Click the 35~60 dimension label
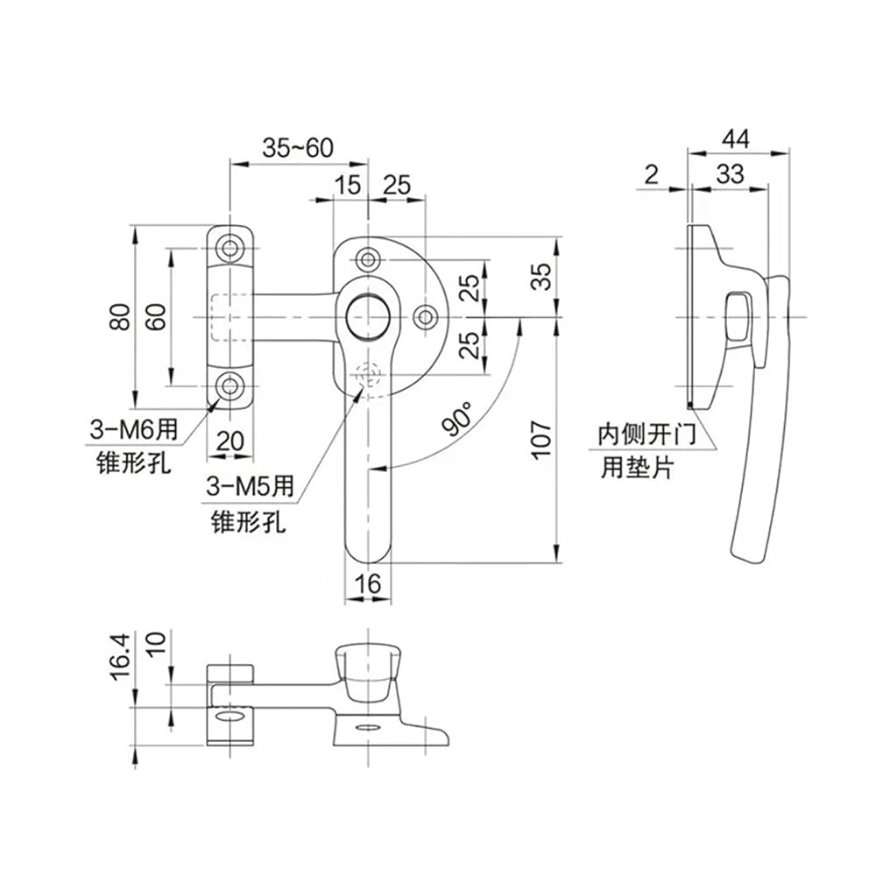[298, 148]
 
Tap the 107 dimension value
[541, 441]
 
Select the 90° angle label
[457, 418]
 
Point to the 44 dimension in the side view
[735, 138]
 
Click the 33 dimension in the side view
[731, 174]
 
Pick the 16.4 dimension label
[121, 656]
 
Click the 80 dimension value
[121, 317]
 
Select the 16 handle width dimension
[368, 584]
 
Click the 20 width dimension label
[230, 442]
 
